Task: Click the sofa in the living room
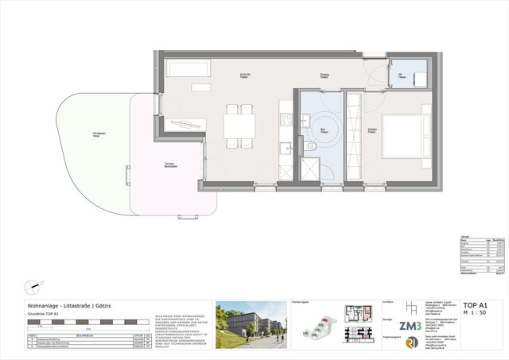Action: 188,69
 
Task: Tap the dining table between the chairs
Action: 239,126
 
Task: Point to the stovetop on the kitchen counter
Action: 286,120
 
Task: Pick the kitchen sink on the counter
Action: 286,146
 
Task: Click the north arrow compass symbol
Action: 34,284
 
